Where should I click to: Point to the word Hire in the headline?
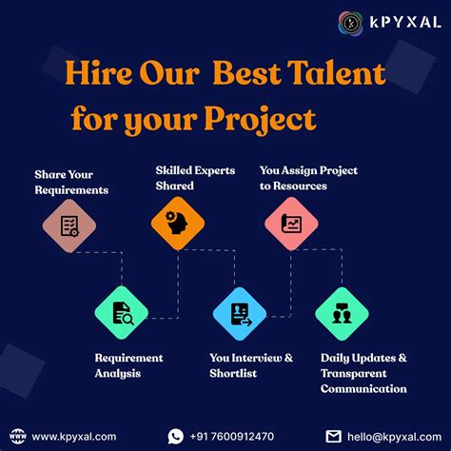point(100,72)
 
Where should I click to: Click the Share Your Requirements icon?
point(69,225)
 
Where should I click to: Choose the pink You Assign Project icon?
point(291,224)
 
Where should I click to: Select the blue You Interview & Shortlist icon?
point(236,313)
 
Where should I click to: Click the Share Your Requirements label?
point(71,182)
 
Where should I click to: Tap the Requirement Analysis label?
point(128,365)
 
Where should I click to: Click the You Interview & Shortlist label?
point(251,365)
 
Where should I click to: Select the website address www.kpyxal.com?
point(74,436)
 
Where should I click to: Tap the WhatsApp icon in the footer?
point(175,436)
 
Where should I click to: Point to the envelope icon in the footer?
point(333,436)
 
